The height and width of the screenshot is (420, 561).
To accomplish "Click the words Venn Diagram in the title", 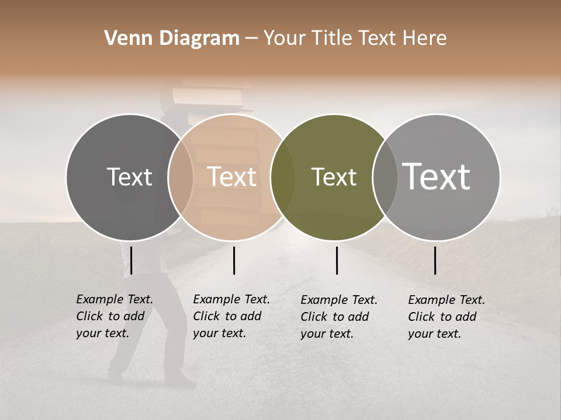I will [x=172, y=38].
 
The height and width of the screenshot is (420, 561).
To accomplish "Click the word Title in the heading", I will [x=333, y=38].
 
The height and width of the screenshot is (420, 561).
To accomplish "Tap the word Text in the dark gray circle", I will [x=129, y=177].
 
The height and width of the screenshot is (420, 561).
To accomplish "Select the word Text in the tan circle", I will [x=232, y=177].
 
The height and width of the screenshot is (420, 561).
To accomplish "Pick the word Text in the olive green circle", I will [x=334, y=177].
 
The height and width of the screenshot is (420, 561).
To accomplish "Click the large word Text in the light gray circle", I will [x=437, y=177].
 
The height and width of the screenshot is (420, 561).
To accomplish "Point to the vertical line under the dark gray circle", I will [x=131, y=260].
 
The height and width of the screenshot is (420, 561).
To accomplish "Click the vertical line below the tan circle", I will [x=234, y=260].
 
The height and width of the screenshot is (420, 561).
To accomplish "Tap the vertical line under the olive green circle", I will [x=337, y=260].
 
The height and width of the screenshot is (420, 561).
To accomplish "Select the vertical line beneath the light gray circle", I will [x=435, y=260].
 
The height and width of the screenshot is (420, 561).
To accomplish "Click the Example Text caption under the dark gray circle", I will [x=114, y=316].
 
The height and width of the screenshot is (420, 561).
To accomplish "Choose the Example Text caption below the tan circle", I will [x=231, y=316].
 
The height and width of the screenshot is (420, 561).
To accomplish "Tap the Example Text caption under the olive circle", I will [x=338, y=317].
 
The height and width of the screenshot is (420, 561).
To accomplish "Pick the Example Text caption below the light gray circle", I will [x=446, y=317].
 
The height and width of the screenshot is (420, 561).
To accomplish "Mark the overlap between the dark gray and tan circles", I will [x=181, y=177].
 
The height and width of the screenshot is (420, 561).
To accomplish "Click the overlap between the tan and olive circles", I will [x=283, y=177].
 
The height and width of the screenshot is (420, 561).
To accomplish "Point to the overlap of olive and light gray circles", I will [x=385, y=177].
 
